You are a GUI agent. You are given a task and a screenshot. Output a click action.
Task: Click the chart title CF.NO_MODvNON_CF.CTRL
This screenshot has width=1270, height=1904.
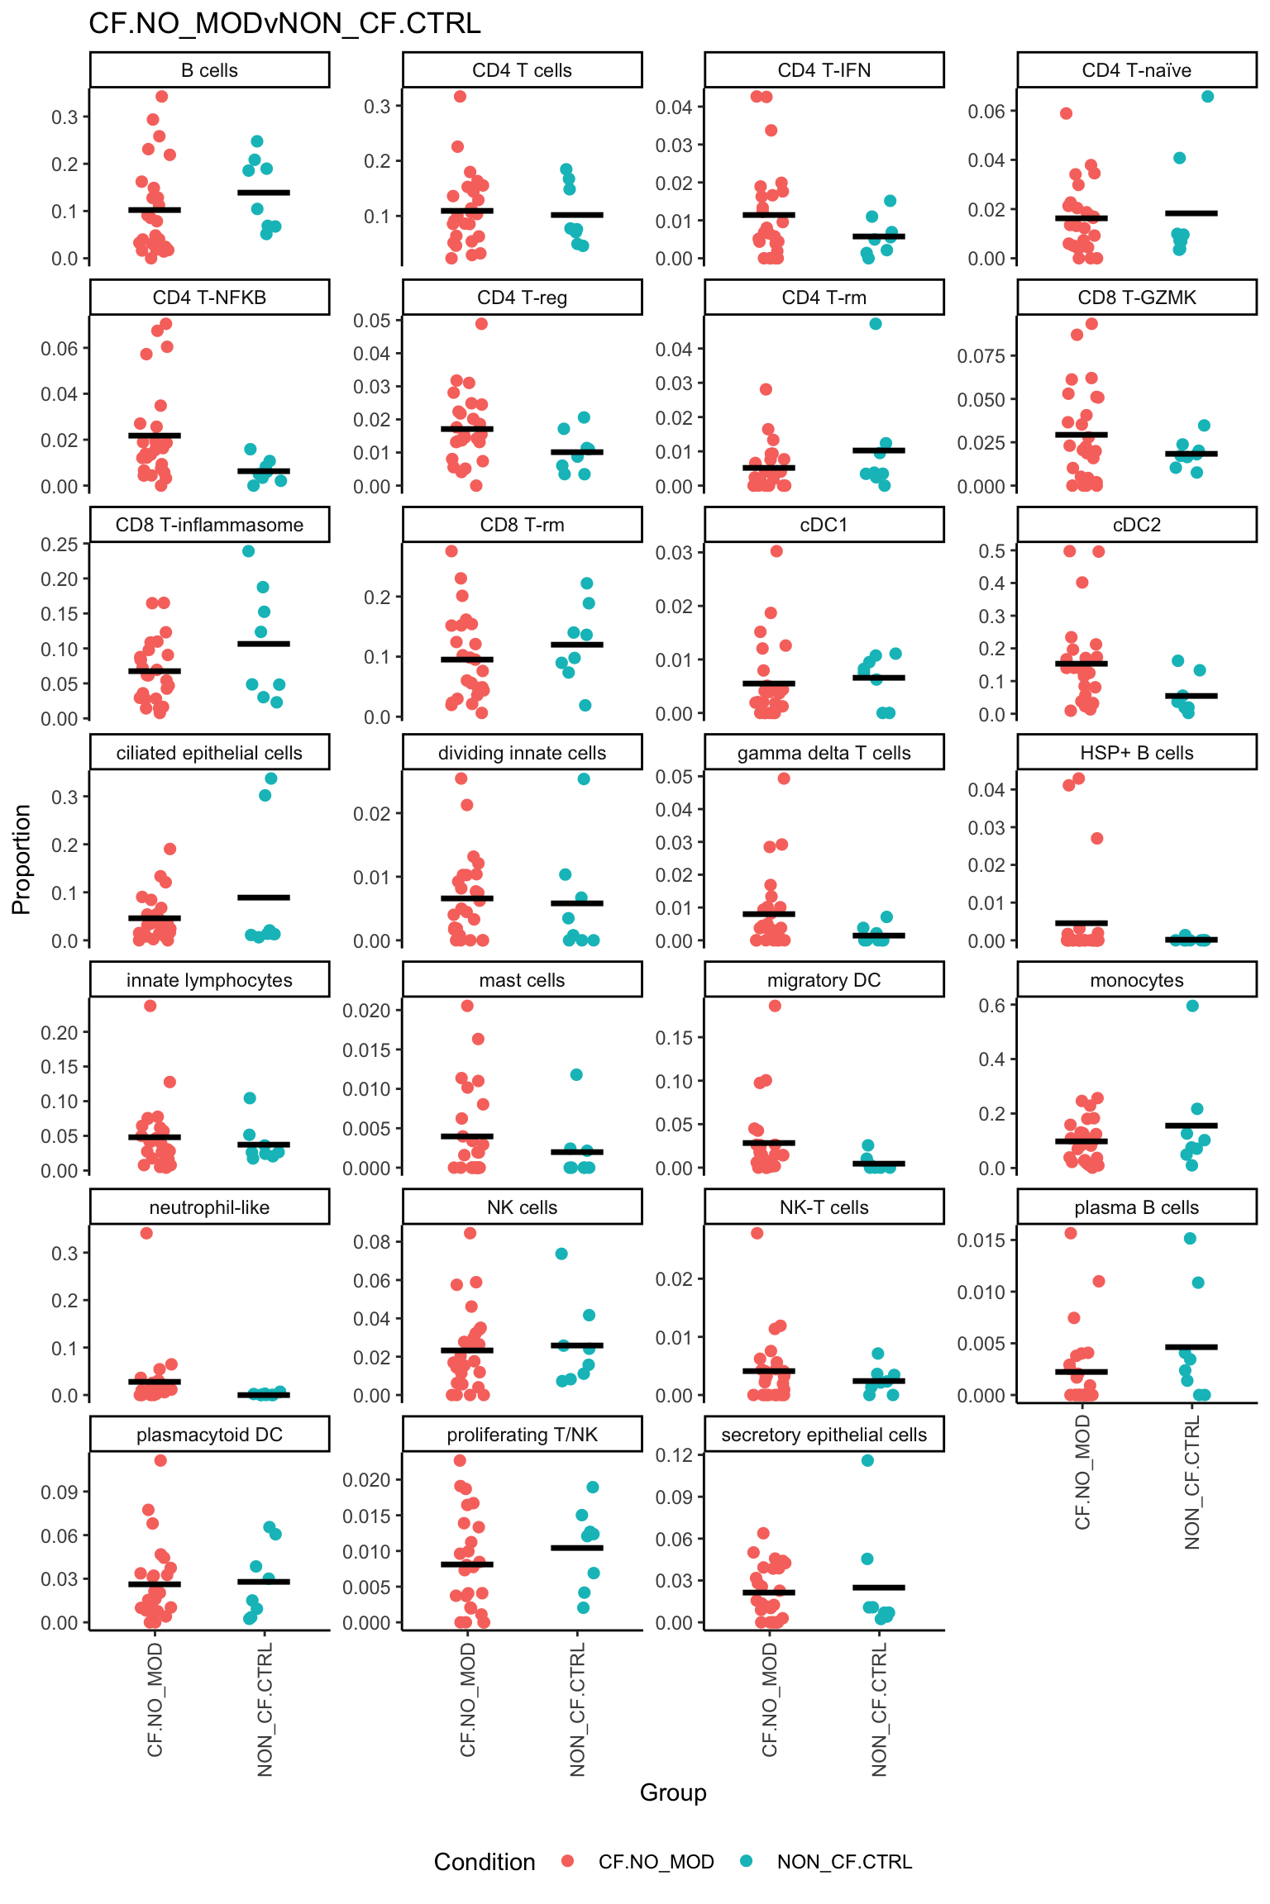(x=284, y=24)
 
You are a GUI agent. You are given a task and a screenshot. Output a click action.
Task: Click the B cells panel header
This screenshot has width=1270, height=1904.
(x=209, y=70)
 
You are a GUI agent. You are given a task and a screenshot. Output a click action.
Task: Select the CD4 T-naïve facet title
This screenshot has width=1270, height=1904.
(x=1136, y=70)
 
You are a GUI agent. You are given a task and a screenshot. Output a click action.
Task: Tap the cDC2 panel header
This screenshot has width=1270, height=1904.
(x=1136, y=525)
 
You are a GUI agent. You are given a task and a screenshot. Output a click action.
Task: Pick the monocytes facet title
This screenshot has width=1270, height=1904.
(x=1136, y=980)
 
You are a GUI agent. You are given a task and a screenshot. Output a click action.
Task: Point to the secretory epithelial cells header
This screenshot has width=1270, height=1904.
(x=824, y=1435)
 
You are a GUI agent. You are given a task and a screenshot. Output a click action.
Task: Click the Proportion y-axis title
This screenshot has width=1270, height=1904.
(x=21, y=859)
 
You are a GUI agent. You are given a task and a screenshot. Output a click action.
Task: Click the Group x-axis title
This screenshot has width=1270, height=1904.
(x=673, y=1792)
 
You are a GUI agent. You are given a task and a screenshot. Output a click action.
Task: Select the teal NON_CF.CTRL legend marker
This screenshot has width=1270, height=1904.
(x=747, y=1862)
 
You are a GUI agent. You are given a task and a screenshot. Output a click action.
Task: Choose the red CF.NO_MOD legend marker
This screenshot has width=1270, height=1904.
(x=567, y=1862)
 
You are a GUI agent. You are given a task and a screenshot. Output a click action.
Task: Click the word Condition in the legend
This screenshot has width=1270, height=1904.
(x=485, y=1862)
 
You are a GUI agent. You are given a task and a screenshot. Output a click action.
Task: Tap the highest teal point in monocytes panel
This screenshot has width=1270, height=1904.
(x=1192, y=1006)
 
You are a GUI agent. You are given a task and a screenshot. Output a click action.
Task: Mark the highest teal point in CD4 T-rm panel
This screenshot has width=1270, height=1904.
(x=876, y=324)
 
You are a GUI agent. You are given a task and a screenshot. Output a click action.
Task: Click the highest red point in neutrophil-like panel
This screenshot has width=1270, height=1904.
(x=146, y=1233)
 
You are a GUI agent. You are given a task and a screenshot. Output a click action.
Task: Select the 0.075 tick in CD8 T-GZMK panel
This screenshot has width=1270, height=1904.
(x=981, y=356)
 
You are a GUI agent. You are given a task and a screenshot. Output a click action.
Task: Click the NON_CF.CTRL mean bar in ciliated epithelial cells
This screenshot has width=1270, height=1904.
(x=264, y=897)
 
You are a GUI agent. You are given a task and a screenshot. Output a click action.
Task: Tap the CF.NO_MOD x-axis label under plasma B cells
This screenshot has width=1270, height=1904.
(x=1082, y=1471)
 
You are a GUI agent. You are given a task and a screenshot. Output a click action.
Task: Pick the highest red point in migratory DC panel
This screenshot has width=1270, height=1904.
(x=775, y=1006)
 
